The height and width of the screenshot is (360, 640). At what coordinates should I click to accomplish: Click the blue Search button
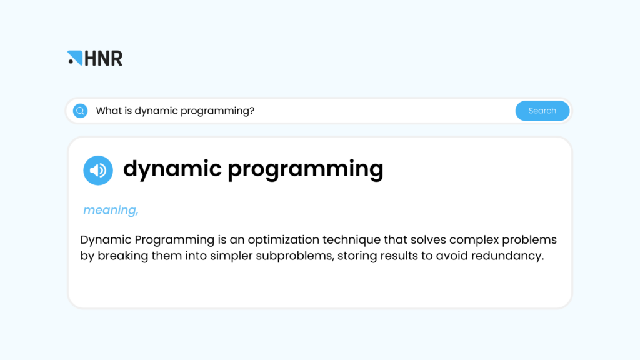pos(542,111)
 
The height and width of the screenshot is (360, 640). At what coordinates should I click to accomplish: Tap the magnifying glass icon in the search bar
pos(80,111)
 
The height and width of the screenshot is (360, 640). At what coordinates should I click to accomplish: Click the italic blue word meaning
pos(110,211)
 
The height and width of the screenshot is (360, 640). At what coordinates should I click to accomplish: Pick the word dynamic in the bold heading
pos(172,169)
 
